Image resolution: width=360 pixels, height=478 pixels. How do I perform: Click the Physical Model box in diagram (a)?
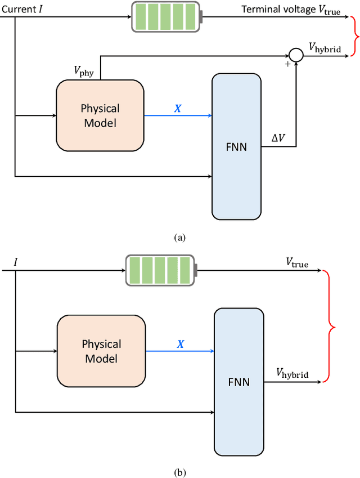tap(100, 115)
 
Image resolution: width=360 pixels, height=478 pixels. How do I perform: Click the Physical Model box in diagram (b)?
tap(101, 350)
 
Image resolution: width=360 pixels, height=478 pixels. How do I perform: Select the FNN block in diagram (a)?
tap(236, 146)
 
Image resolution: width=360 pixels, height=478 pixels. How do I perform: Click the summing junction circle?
tap(295, 55)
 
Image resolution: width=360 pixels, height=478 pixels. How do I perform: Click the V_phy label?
tap(85, 71)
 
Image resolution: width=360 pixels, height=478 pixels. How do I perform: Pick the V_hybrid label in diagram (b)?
tap(292, 373)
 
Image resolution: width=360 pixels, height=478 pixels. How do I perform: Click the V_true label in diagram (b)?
tap(297, 262)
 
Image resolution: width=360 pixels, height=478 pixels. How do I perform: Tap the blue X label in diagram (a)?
tap(178, 108)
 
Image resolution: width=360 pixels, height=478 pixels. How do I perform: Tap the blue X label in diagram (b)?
tap(180, 343)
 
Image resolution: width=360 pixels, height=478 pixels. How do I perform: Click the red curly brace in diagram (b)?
tap(330, 326)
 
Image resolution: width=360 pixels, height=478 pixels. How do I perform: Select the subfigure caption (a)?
tap(179, 238)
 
